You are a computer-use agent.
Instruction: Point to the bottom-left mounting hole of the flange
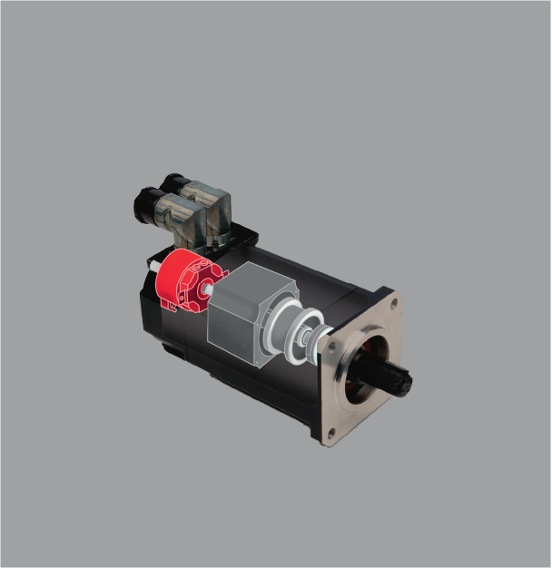click(x=330, y=434)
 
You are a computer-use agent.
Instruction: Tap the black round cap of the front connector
click(x=143, y=204)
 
